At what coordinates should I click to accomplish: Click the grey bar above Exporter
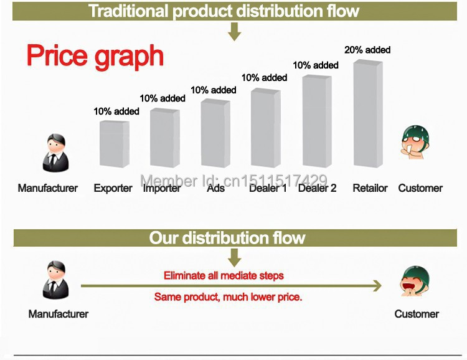[115, 144]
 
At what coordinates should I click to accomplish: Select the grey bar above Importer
[165, 138]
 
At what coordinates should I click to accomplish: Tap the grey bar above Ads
[215, 133]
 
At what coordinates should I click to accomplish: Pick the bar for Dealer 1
[266, 128]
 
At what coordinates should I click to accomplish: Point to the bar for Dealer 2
[317, 121]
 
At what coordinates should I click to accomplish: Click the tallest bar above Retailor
[368, 113]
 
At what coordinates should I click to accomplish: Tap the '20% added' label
[367, 50]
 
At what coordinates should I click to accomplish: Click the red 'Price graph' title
[95, 57]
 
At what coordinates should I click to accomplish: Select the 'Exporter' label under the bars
[113, 188]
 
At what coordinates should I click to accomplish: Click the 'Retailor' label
[370, 188]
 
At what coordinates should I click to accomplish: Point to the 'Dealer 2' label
[317, 188]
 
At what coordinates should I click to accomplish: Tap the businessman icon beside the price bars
[55, 153]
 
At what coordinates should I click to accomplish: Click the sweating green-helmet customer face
[415, 142]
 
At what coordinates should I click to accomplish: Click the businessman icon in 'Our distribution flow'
[55, 280]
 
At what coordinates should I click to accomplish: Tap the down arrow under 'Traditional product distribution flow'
[234, 32]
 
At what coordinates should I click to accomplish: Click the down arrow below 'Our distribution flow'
[234, 258]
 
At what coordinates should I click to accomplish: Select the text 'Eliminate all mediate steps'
[224, 276]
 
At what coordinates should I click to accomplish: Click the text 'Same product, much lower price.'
[228, 297]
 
